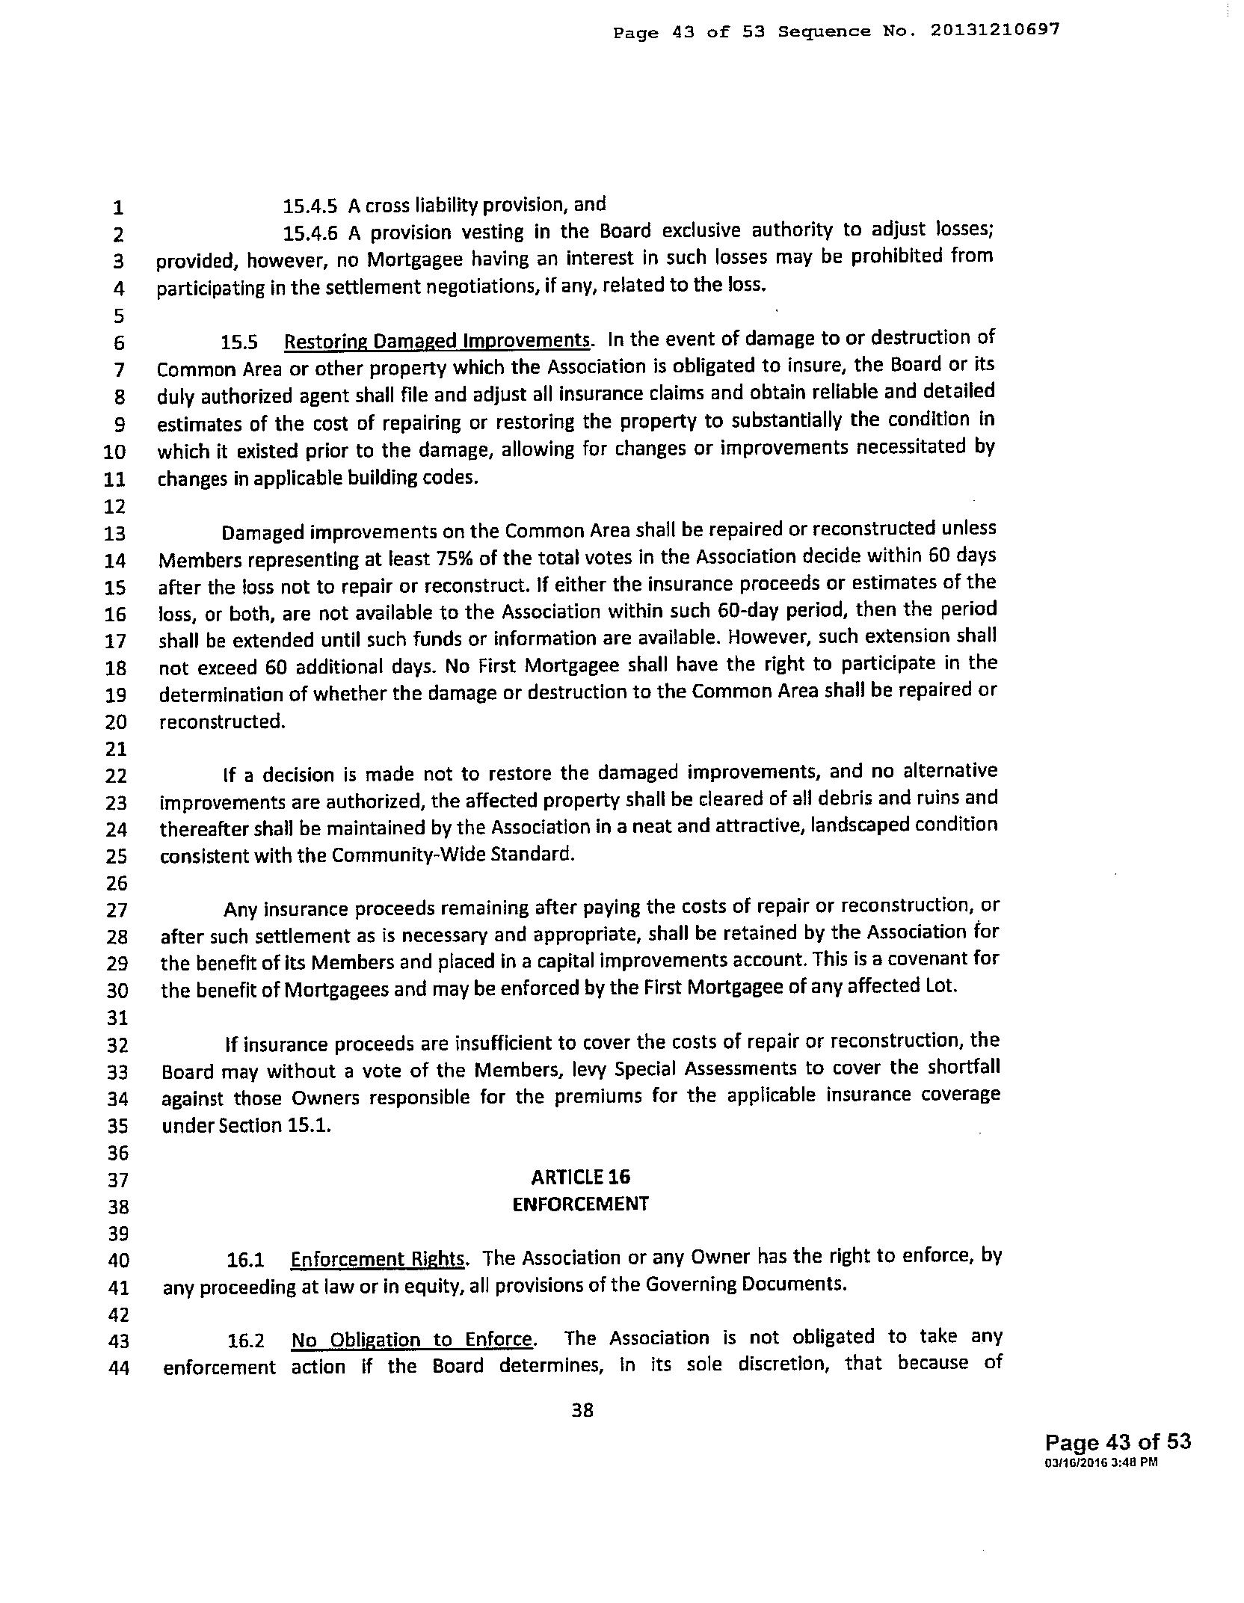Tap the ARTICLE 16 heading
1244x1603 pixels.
(580, 1178)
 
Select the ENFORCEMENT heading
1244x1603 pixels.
(580, 1204)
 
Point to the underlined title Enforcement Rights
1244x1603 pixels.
(378, 1259)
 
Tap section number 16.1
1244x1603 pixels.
(246, 1261)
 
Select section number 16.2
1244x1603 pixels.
(246, 1341)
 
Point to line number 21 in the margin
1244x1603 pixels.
(117, 748)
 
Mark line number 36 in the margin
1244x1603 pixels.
(117, 1152)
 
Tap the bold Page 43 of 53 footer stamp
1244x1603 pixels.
(1118, 1442)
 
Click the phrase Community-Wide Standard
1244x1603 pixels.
(452, 854)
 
